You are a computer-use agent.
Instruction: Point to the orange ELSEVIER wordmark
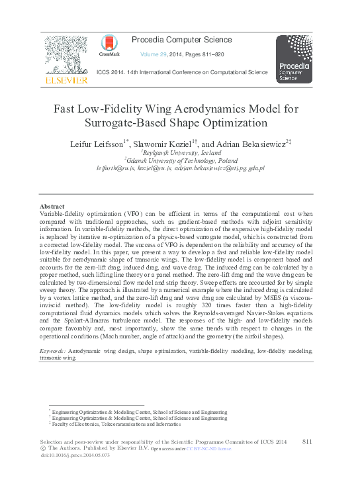66,80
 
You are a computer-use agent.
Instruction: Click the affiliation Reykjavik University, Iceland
181,152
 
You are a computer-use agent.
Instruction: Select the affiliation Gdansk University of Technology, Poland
181,160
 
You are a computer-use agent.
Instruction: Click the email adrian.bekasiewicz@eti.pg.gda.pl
220,169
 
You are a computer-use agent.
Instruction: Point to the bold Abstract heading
52,207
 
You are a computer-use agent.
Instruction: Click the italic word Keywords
52,350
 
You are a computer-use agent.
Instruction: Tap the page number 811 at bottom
307,441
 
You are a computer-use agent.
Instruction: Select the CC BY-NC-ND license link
208,449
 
